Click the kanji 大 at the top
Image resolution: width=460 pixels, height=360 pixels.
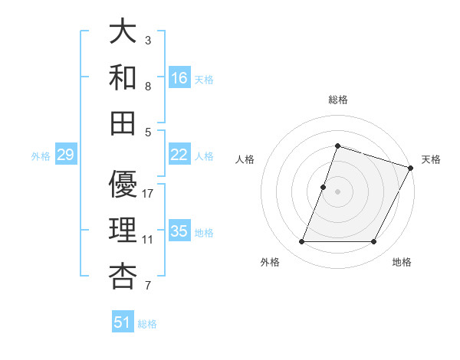coord(123,32)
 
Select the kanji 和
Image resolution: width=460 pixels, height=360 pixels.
coord(123,77)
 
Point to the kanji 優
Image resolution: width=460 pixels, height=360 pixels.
coord(123,185)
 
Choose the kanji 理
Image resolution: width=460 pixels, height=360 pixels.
coord(123,230)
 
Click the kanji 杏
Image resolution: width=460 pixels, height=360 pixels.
coord(123,275)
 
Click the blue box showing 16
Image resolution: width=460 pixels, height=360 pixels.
coord(179,77)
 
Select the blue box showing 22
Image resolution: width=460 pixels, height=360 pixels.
coord(179,155)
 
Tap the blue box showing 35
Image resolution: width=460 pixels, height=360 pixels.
coord(179,231)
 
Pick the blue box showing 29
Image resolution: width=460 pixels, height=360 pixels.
coord(65,155)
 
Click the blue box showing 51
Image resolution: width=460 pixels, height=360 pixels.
coord(123,322)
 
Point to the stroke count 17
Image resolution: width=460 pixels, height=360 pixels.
coord(148,194)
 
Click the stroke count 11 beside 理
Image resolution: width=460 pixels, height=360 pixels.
coord(148,240)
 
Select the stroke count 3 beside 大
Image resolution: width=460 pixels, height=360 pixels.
coord(148,40)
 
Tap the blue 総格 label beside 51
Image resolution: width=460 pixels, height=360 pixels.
coord(147,324)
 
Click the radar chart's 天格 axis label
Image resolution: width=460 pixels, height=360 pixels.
coord(431,159)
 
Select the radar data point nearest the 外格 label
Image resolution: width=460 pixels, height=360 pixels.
coord(301,242)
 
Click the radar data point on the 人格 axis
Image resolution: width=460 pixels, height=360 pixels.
coord(324,187)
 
